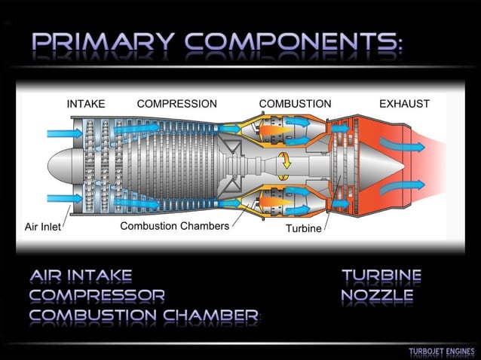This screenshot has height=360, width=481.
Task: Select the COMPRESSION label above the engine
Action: (x=176, y=104)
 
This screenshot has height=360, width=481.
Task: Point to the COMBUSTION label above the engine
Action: (x=295, y=104)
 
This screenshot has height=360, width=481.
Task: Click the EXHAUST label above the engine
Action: (x=404, y=104)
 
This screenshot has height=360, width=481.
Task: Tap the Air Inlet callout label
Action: (x=43, y=227)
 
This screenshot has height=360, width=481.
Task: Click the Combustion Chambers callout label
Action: (x=174, y=226)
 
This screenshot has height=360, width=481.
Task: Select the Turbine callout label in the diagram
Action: (x=304, y=228)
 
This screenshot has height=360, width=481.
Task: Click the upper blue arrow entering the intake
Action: (x=65, y=133)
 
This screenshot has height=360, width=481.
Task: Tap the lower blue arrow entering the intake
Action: (x=65, y=199)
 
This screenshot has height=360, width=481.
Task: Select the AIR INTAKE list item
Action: (x=81, y=276)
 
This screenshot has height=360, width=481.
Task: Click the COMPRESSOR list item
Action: (x=97, y=295)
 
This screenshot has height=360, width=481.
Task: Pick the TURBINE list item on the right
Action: (x=381, y=276)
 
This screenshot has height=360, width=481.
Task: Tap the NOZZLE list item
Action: (x=377, y=295)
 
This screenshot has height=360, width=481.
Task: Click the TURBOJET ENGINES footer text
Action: (x=442, y=352)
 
